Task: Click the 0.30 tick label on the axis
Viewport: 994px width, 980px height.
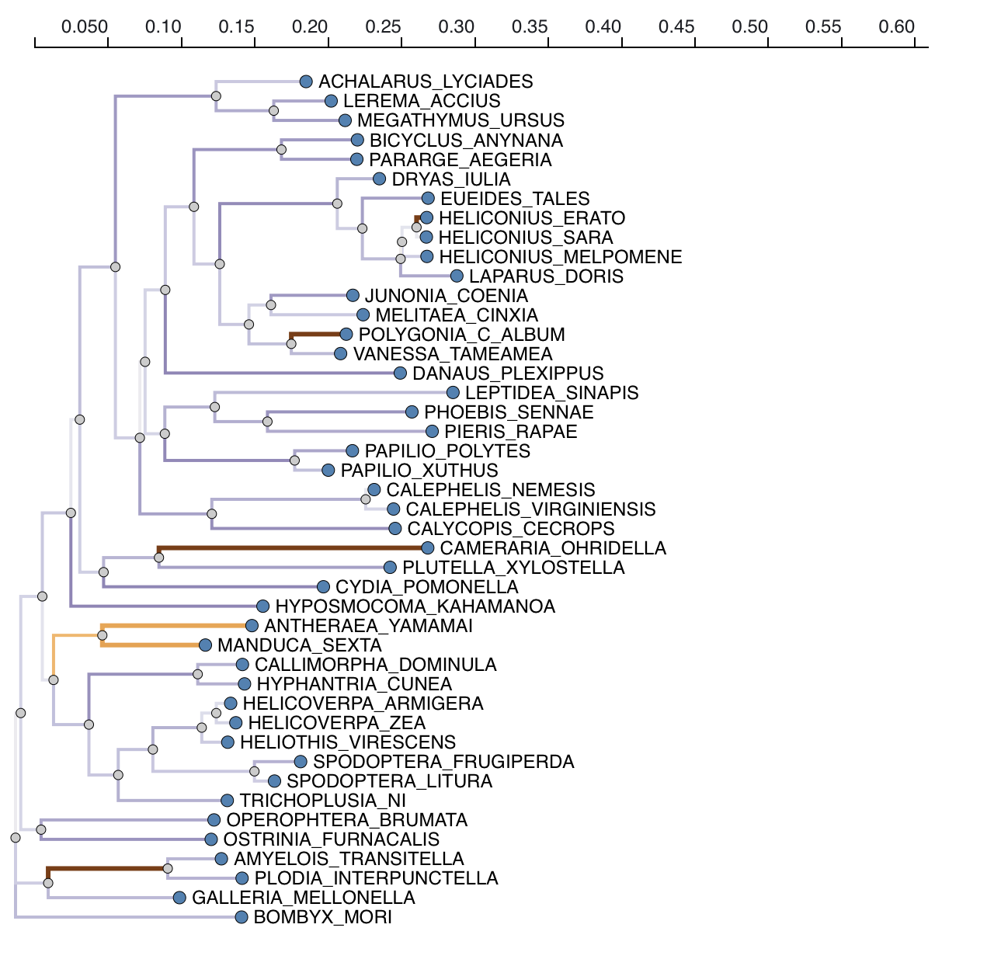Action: coord(457,27)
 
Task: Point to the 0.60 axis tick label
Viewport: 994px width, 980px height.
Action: coord(897,27)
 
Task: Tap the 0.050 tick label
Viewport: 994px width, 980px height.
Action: coord(85,27)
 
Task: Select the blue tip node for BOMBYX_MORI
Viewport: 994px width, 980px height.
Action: coord(242,917)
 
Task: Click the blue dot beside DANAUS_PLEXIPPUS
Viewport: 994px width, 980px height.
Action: coord(400,374)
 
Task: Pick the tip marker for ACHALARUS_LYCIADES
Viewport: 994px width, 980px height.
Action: coord(306,82)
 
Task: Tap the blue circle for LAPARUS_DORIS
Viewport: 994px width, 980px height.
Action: coord(457,276)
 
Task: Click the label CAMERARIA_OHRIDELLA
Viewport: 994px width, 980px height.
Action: coord(553,548)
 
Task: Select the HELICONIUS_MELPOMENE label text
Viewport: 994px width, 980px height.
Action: coord(560,257)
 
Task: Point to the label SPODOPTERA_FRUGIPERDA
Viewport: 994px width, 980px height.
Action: coord(443,762)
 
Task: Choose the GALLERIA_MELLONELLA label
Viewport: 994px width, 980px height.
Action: coord(303,898)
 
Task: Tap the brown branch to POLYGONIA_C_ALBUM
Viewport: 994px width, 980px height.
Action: coord(318,335)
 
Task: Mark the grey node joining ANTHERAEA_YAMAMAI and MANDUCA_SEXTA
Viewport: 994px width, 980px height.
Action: coord(103,635)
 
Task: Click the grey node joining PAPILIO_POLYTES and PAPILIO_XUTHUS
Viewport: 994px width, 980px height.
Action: coord(294,460)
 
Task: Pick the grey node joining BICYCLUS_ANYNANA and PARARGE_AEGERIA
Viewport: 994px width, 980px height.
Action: coord(281,150)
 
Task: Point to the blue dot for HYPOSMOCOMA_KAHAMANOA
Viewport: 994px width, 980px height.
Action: coord(262,606)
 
